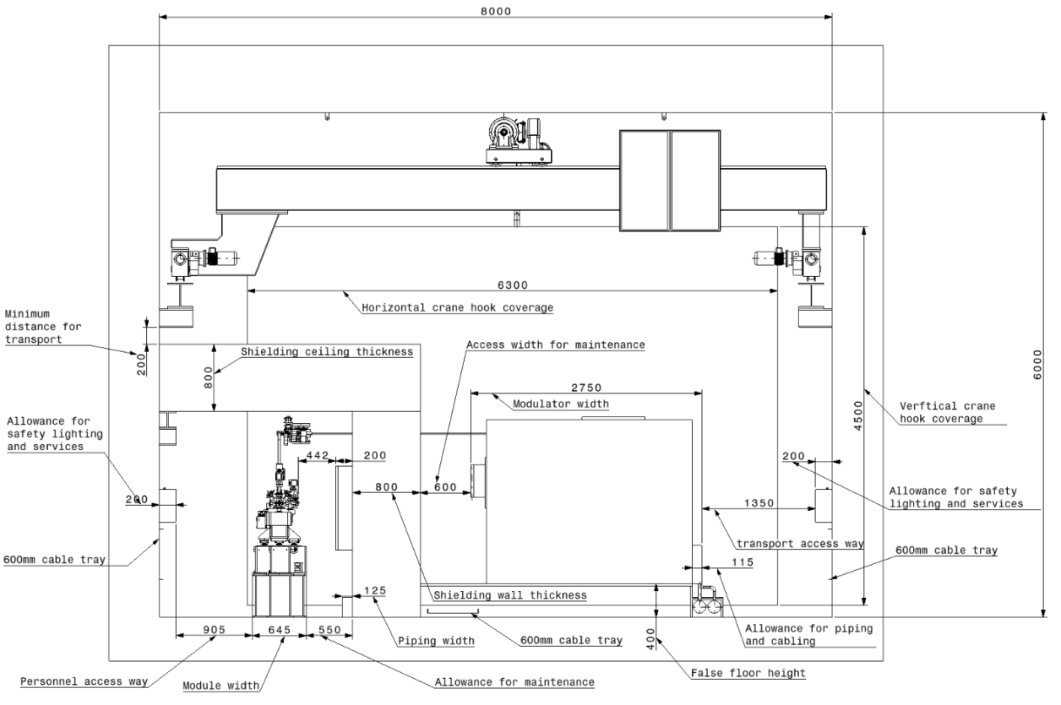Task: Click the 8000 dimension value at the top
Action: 496,11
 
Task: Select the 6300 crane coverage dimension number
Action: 513,285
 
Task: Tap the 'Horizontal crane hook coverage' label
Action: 457,308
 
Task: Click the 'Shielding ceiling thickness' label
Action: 327,352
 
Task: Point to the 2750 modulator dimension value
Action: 586,388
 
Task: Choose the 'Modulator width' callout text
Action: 561,404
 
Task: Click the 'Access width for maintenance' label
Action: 556,344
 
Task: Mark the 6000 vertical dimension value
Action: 1038,365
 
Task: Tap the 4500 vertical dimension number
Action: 858,415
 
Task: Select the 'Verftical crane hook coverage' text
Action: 947,412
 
